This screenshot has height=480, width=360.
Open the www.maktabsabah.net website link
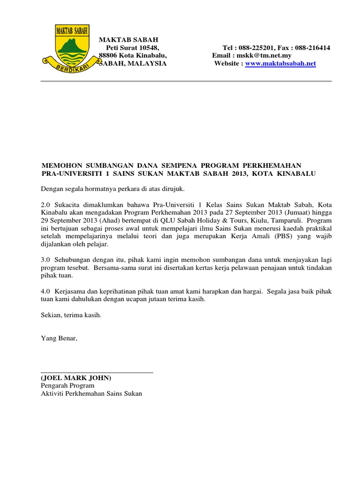(x=280, y=63)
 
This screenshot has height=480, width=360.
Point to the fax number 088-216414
(x=312, y=48)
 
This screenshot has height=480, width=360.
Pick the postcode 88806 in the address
(x=107, y=55)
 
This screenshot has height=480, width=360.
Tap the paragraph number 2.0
(x=45, y=204)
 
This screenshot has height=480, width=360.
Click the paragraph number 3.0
(x=45, y=259)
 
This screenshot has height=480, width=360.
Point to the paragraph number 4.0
(x=45, y=291)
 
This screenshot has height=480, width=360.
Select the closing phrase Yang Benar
(x=59, y=338)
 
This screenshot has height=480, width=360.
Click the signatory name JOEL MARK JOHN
(x=76, y=378)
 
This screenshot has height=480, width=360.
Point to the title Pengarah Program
(x=67, y=385)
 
